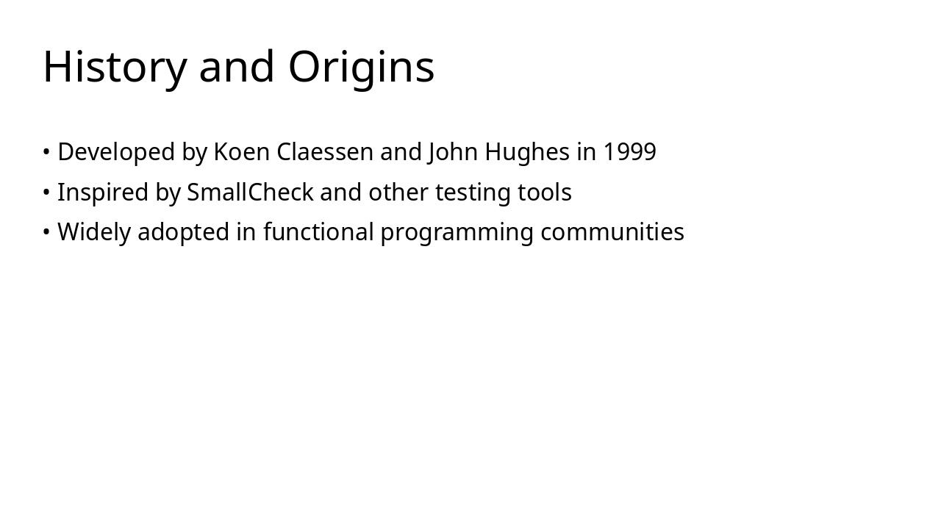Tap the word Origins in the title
pyautogui.click(x=361, y=67)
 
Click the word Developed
pyautogui.click(x=116, y=152)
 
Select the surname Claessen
pyautogui.click(x=325, y=152)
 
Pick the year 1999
pyautogui.click(x=629, y=152)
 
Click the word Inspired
pyautogui.click(x=103, y=192)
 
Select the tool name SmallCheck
pyautogui.click(x=250, y=192)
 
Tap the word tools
pyautogui.click(x=544, y=192)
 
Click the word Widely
pyautogui.click(x=94, y=232)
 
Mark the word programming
pyautogui.click(x=457, y=232)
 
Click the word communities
pyautogui.click(x=612, y=232)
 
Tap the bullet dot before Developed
pyautogui.click(x=46, y=153)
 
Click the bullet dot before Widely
pyautogui.click(x=46, y=233)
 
